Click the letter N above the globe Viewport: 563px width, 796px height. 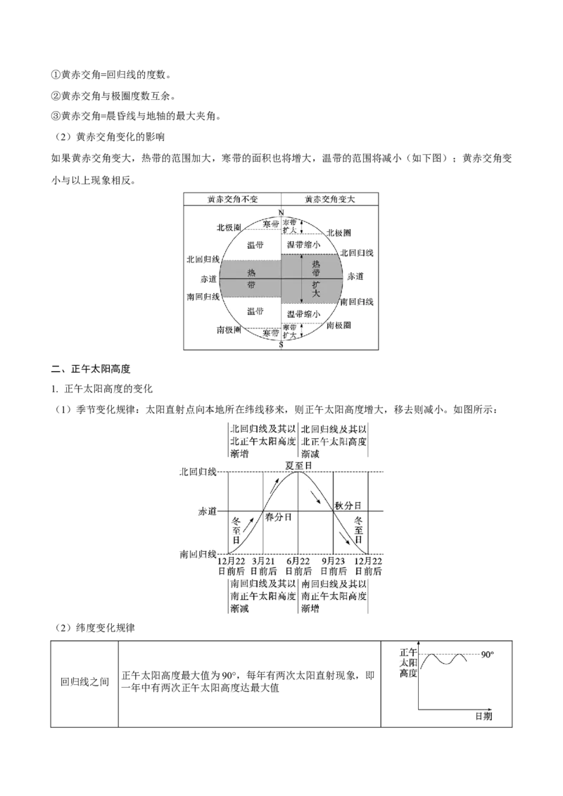click(281, 212)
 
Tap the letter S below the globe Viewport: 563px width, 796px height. click(281, 345)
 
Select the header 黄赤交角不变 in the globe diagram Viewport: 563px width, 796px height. click(233, 199)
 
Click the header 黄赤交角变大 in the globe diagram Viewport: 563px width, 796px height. click(330, 199)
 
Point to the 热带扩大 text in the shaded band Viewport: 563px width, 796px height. click(316, 278)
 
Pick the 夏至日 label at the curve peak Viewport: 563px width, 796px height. click(299, 465)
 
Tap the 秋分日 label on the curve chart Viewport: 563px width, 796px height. click(348, 506)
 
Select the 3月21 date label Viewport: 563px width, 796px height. click(263, 560)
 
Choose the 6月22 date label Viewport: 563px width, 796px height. click(298, 560)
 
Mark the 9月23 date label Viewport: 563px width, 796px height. click(334, 560)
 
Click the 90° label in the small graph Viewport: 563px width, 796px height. click(487, 655)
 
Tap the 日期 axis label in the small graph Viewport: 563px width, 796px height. click(483, 716)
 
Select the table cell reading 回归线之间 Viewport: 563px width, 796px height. click(85, 682)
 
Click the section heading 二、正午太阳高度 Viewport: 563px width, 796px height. click(91, 369)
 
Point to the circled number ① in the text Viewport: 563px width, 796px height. click(56, 75)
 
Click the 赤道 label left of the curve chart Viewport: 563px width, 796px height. click(208, 512)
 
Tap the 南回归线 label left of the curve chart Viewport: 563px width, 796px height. click(198, 554)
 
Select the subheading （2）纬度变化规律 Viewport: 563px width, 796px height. click(94, 628)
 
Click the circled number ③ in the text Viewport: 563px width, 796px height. click(56, 116)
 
